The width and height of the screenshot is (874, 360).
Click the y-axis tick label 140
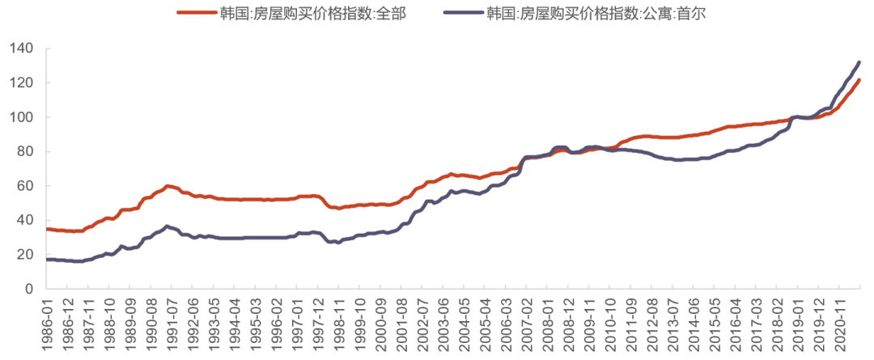[x=21, y=49]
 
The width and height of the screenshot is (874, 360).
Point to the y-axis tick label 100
[x=21, y=117]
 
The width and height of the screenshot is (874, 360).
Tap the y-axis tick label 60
[x=24, y=186]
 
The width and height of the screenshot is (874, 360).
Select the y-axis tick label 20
[x=24, y=255]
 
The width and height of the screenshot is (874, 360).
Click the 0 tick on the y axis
[x=28, y=289]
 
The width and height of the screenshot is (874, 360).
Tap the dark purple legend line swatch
[x=464, y=14]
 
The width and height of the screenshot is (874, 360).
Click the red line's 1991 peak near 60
[x=168, y=185]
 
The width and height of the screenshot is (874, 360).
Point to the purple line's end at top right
[x=859, y=62]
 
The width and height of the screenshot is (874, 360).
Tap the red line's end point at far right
[x=859, y=80]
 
